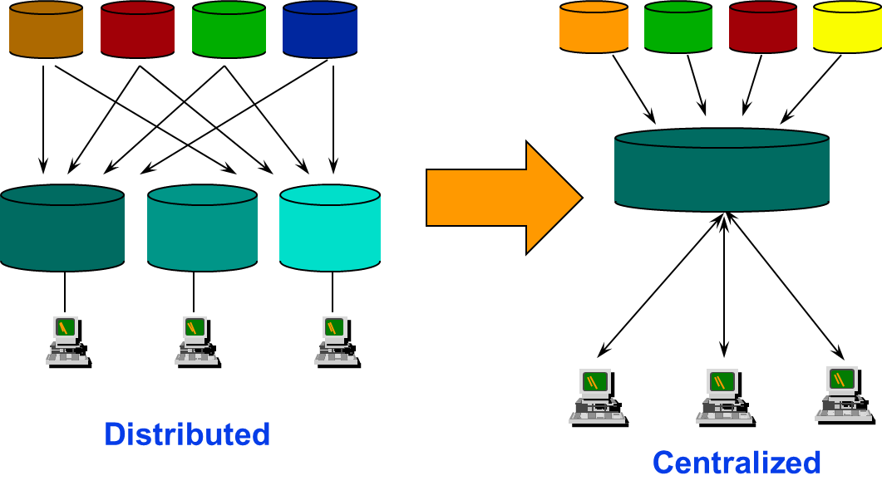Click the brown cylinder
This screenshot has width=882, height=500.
[46, 30]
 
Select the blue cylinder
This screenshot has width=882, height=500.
[319, 30]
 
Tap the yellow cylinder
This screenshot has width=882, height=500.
[846, 27]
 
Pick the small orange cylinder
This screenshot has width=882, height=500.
[594, 27]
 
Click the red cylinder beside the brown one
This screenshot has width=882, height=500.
[137, 30]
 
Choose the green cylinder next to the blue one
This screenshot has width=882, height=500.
[229, 30]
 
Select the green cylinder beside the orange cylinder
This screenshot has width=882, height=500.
[678, 27]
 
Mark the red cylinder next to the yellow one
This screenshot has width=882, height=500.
[762, 27]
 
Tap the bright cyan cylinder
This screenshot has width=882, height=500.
[330, 228]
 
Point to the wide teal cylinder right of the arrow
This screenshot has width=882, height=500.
[722, 170]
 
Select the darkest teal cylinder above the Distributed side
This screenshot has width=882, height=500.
[62, 228]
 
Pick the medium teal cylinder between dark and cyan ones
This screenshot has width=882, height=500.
[202, 228]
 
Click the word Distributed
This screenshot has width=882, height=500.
[187, 434]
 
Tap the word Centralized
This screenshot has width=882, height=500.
[737, 463]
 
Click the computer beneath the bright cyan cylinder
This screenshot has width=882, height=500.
[335, 340]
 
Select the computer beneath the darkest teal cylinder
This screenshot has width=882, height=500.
[67, 340]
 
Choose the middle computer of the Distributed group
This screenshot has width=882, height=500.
[195, 340]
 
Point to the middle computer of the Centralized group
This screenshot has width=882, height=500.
[723, 395]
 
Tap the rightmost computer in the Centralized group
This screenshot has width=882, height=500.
[842, 393]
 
